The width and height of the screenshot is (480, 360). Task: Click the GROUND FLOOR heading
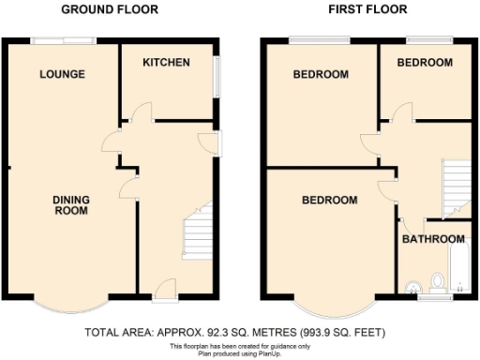(x=110, y=9)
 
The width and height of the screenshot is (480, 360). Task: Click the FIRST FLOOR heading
(x=367, y=9)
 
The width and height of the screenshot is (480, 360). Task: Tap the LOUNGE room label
(x=63, y=74)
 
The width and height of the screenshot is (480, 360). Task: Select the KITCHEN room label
(x=166, y=63)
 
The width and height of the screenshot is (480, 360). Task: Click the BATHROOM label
(x=433, y=239)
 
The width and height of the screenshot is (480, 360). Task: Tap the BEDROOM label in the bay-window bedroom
(x=329, y=200)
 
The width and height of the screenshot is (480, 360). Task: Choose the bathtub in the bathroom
(x=459, y=270)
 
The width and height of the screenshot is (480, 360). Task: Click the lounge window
(x=63, y=39)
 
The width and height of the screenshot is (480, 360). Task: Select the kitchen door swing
(x=139, y=112)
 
